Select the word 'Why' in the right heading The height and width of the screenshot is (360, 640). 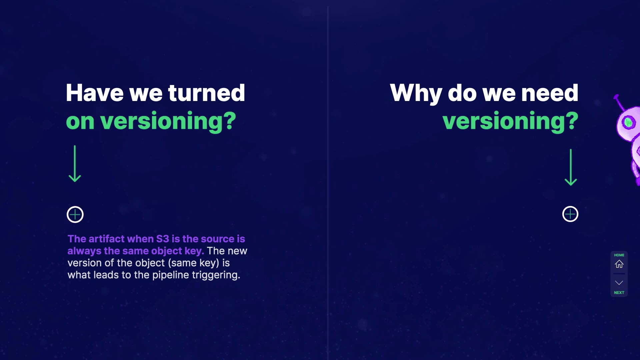[416, 94]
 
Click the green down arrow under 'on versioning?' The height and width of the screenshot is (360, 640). [75, 164]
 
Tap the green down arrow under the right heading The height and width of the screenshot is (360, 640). [571, 167]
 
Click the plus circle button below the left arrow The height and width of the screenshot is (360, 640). [75, 214]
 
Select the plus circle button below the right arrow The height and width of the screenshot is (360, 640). [570, 214]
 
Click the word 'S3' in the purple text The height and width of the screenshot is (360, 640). [163, 239]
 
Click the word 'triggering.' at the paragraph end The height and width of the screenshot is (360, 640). [216, 275]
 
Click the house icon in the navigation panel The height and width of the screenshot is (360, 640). [619, 264]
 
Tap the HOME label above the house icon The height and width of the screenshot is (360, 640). [619, 255]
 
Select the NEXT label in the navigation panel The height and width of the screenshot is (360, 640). [619, 293]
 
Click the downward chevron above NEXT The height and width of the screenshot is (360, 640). [619, 283]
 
